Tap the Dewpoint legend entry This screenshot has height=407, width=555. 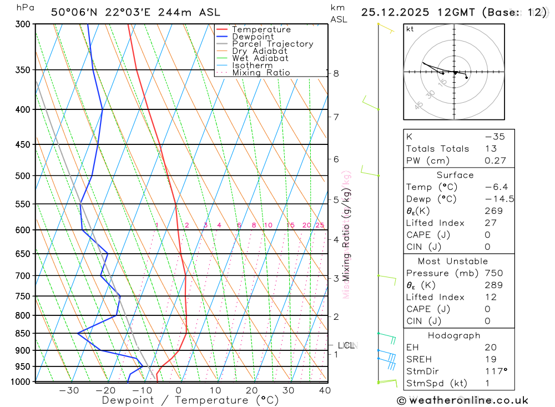pyautogui.click(x=254, y=37)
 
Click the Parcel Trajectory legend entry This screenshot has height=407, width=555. pyautogui.click(x=273, y=44)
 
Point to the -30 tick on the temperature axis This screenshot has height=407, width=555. pyautogui.click(x=69, y=390)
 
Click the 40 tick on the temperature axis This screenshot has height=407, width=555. pyautogui.click(x=325, y=390)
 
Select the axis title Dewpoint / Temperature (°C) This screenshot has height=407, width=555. pyautogui.click(x=190, y=400)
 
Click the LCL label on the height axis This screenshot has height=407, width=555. pyautogui.click(x=346, y=345)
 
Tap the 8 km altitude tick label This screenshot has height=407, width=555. pyautogui.click(x=336, y=73)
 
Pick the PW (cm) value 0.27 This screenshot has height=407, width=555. pyautogui.click(x=495, y=161)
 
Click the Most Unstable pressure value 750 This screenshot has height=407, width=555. pyautogui.click(x=494, y=273)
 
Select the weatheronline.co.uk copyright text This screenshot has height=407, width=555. pyautogui.click(x=462, y=400)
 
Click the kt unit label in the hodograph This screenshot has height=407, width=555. pyautogui.click(x=410, y=29)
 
